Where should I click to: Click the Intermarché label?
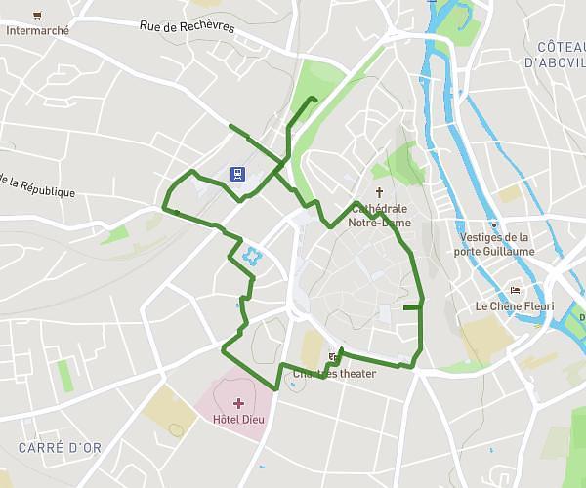pos(38,30)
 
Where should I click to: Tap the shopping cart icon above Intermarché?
pos(37,15)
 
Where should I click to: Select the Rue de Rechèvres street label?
pos(187,27)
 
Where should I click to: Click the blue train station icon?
pos(237,174)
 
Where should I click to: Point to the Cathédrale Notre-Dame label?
pos(380,215)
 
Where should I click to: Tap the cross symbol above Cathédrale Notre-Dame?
pos(380,192)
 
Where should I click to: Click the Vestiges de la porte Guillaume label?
pos(495,244)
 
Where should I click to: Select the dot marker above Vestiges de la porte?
pos(494,224)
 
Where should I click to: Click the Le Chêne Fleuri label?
pos(515,306)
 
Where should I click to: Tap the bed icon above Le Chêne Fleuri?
pos(515,290)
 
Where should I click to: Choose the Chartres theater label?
pos(334,373)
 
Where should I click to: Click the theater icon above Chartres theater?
pos(333,357)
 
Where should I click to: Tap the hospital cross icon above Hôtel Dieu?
pos(238,403)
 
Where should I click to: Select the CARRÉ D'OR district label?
pos(60,448)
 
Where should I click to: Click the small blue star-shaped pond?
pos(253,257)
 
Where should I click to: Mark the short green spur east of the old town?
pos(411,307)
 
